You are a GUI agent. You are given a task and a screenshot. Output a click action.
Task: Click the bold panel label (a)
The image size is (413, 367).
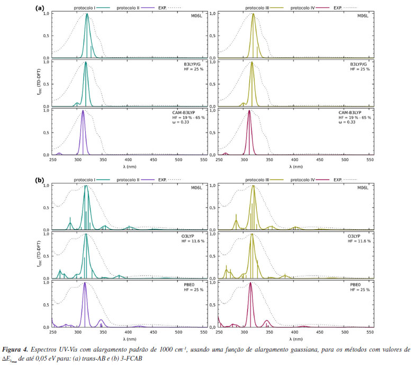[39, 8]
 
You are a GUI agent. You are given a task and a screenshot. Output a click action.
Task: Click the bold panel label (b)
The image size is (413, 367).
[39, 180]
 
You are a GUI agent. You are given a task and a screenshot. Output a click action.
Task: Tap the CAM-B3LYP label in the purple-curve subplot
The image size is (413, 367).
[191, 112]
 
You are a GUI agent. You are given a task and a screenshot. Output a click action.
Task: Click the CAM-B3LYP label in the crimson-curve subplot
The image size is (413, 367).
[357, 112]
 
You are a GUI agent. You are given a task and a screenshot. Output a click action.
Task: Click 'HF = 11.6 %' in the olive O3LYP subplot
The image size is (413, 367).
[357, 241]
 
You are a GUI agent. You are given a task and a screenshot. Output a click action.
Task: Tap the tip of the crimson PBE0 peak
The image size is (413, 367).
[250, 283]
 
